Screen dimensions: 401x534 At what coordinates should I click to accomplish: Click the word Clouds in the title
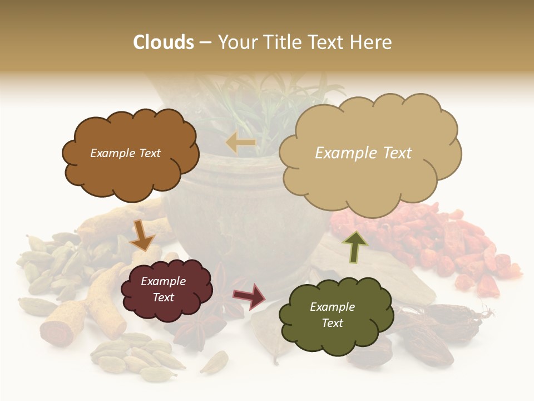pos(164,42)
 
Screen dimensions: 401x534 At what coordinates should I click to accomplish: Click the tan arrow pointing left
pos(240,143)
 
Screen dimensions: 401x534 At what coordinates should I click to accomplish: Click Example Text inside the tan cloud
pos(363,153)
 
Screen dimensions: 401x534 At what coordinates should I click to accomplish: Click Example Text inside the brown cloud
pos(125,153)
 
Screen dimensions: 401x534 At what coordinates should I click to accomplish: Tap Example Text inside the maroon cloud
pos(164,290)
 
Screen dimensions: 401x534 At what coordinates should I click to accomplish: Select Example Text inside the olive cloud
pos(332,315)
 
